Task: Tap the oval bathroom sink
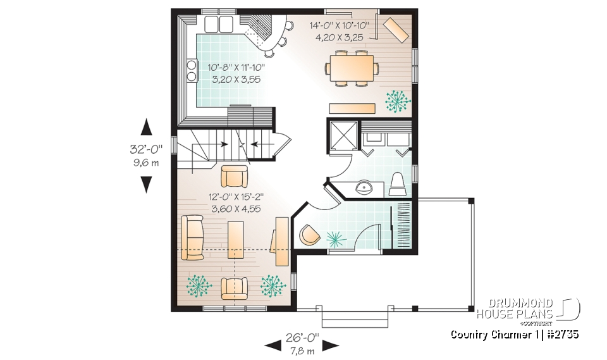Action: [364, 187]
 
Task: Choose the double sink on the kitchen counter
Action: [219, 25]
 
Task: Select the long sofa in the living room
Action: [193, 237]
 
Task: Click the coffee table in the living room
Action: [235, 240]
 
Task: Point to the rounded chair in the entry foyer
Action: [309, 234]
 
